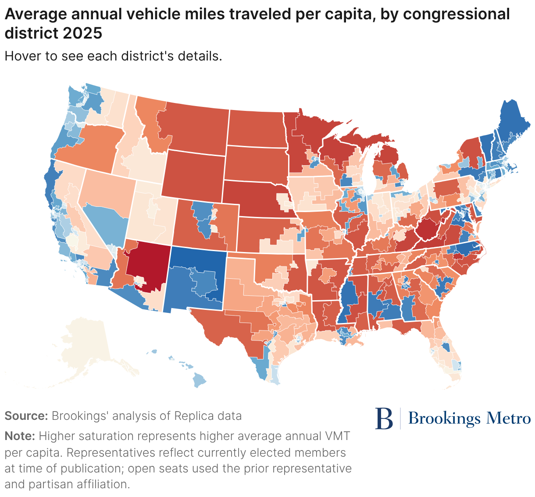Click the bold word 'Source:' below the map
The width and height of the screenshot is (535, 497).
(x=26, y=416)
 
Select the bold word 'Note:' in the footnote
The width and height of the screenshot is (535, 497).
(x=20, y=436)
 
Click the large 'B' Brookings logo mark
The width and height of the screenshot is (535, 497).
(x=384, y=419)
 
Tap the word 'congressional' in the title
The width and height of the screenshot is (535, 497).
(x=456, y=14)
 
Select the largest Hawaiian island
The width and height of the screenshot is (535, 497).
(x=200, y=380)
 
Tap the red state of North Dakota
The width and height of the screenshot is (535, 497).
(x=256, y=128)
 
